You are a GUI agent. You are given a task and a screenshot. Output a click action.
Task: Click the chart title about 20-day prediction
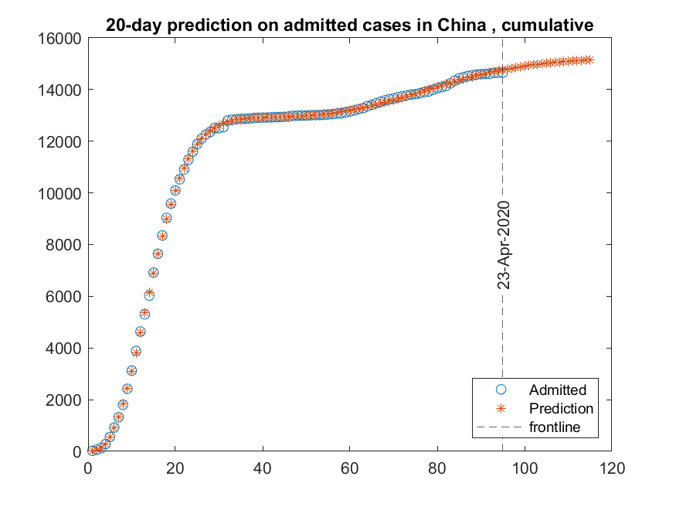350,26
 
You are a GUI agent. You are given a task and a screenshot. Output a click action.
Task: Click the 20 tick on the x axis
175,467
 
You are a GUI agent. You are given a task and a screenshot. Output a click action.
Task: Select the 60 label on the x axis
350,467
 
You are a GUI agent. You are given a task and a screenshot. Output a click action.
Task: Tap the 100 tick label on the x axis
525,467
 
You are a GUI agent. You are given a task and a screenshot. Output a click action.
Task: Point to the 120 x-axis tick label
612,467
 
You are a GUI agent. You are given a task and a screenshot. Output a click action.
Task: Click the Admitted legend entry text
557,390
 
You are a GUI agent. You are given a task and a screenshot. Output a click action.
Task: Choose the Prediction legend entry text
561,408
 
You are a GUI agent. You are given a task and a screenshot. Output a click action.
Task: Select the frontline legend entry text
554,427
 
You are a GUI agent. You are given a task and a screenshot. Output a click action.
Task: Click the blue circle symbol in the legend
500,390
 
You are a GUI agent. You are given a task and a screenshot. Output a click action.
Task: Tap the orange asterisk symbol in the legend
500,408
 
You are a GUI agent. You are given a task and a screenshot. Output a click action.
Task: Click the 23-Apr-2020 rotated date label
504,245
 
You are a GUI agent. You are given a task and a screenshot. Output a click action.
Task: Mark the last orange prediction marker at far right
589,60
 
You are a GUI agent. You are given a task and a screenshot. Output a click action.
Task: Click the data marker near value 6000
149,294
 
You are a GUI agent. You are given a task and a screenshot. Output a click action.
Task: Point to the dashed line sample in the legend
500,427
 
